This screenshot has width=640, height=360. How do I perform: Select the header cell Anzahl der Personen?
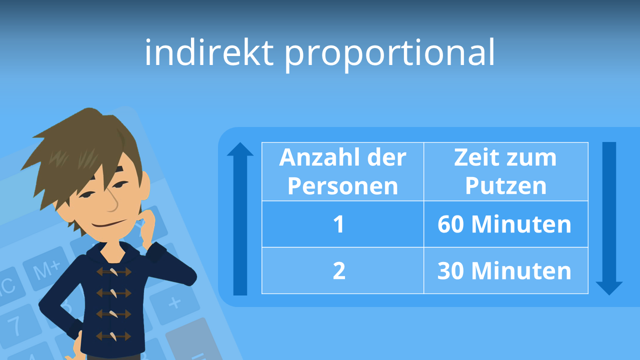click(342, 171)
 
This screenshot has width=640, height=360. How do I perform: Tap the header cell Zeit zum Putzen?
click(505, 171)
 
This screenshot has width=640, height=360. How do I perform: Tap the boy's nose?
click(113, 202)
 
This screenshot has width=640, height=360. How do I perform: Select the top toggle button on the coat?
click(114, 272)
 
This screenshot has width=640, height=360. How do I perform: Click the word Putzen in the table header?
click(505, 185)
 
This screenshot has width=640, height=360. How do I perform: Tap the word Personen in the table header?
click(342, 185)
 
